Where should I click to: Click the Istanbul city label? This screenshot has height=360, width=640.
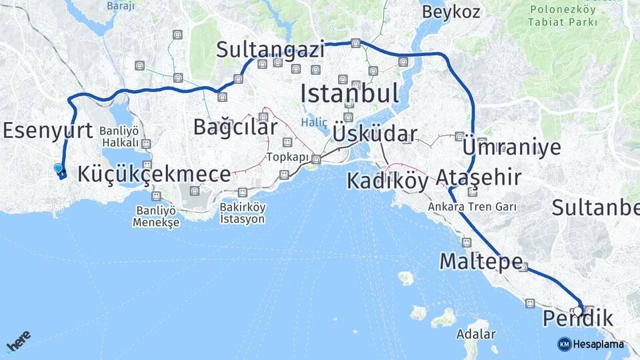click(x=349, y=93)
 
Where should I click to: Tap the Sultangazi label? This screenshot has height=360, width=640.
click(x=271, y=49)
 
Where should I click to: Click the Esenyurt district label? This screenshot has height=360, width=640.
click(x=47, y=130)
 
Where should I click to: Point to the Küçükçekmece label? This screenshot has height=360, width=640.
click(x=154, y=174)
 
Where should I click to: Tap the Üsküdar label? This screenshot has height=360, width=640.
click(x=375, y=133)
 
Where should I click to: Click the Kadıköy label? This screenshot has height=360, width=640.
click(x=387, y=180)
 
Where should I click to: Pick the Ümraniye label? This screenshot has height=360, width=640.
click(x=511, y=147)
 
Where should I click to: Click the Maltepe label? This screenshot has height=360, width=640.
click(x=480, y=261)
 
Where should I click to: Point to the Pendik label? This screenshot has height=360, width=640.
click(x=578, y=319)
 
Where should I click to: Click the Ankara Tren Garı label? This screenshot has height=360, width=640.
click(x=473, y=207)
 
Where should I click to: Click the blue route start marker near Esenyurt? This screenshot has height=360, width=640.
click(x=58, y=169)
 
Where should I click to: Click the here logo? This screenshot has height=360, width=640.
click(x=18, y=341)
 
